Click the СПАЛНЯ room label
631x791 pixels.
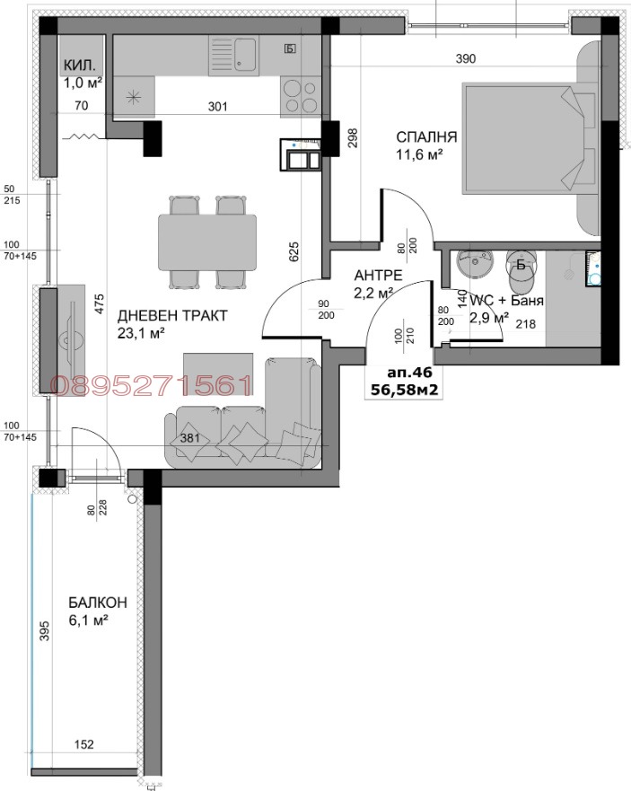pos(427,137)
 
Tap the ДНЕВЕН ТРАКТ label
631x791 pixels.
pos(160,315)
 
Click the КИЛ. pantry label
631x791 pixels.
pos(80,66)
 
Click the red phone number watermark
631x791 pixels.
pos(152,386)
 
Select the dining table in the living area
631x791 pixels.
pos(207,243)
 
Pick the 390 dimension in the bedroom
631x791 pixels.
pos(465,58)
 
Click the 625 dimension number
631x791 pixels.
pos(293,251)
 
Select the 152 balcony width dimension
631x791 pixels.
pos(83,744)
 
